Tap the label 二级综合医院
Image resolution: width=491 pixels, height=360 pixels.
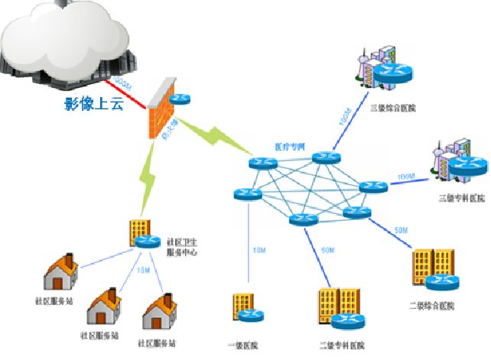point(433,306)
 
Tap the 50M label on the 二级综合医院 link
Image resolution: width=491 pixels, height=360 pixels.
point(401,230)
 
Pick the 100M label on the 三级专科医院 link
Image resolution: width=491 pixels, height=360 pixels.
point(406,177)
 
